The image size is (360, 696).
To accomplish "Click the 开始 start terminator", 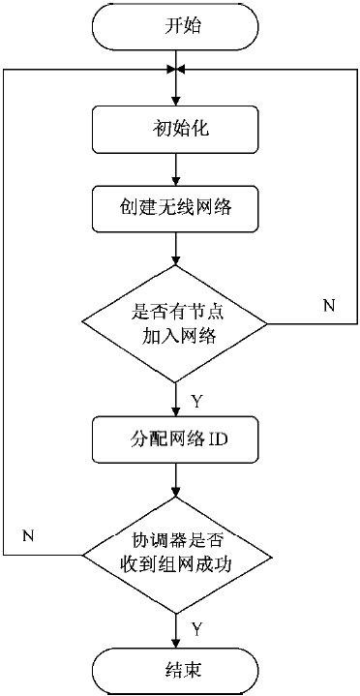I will [175, 27].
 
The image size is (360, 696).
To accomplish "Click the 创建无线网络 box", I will [175, 205].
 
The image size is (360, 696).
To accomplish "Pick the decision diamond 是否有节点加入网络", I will [175, 322].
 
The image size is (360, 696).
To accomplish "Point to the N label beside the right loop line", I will [328, 307].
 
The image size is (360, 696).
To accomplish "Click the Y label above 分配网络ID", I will [195, 398].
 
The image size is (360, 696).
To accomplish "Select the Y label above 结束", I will [195, 629].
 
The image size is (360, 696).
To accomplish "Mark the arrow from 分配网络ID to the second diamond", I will [175, 482].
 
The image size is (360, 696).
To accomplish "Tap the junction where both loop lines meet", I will [175, 70].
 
